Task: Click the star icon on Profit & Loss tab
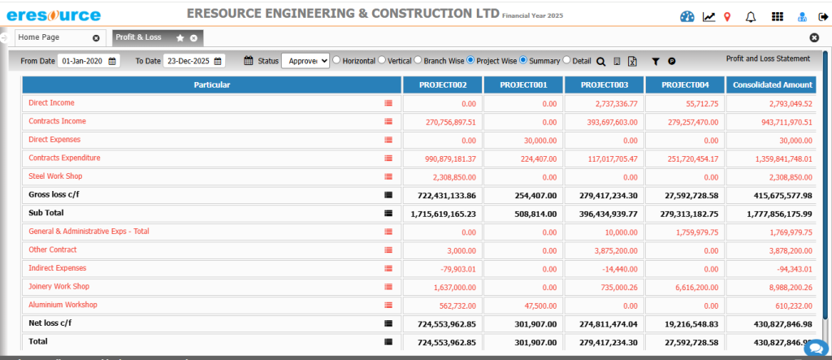coord(180,38)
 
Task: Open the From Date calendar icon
coord(113,61)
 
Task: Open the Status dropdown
coord(305,61)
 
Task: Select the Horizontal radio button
coord(336,60)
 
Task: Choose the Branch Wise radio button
coord(418,60)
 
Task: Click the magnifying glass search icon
coord(600,61)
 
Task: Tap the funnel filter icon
coord(656,61)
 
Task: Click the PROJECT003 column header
coord(604,85)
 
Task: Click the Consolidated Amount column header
coord(772,85)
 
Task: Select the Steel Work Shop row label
coord(55,176)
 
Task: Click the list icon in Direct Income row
coord(388,103)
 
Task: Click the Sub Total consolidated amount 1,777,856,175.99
coord(773,213)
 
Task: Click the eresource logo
coord(54,15)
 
